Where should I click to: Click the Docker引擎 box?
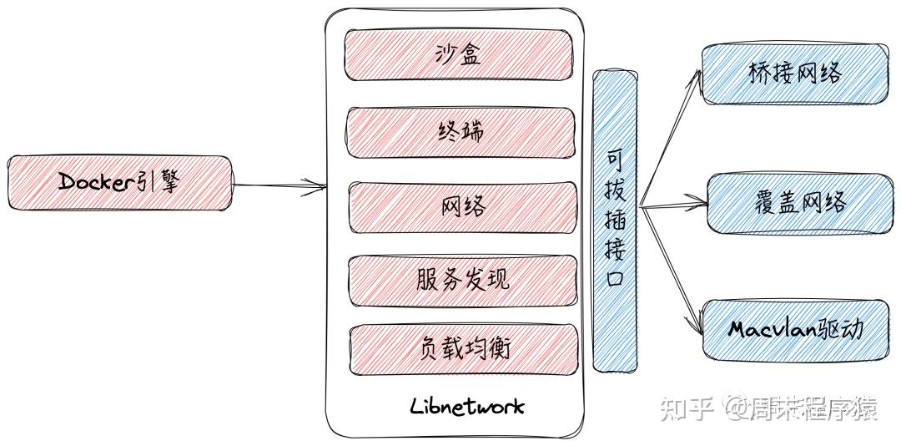click(x=118, y=182)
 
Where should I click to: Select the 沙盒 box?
click(x=460, y=54)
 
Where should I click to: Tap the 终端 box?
click(x=461, y=131)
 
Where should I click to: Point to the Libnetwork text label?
click(x=467, y=407)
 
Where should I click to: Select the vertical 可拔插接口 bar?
click(x=615, y=220)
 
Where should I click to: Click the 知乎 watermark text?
click(x=685, y=408)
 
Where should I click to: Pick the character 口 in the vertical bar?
click(x=615, y=277)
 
